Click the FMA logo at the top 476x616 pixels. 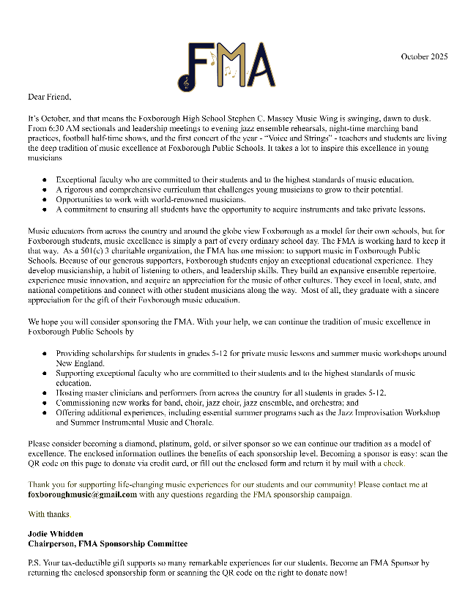click(227, 65)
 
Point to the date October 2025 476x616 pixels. click(424, 56)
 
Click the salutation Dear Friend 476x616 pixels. click(50, 96)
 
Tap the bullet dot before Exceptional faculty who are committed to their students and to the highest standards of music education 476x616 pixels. click(45, 179)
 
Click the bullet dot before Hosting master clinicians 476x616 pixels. click(45, 393)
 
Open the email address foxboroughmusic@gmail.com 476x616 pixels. click(82, 494)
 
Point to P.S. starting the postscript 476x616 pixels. click(35, 563)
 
